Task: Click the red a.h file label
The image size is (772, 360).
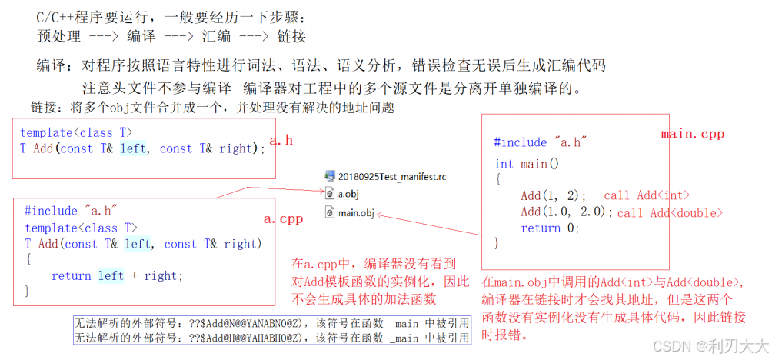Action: click(282, 142)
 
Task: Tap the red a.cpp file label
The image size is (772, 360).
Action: click(283, 218)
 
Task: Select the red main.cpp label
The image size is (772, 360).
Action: click(692, 134)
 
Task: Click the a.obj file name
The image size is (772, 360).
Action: click(348, 195)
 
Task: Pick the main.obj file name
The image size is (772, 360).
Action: click(356, 212)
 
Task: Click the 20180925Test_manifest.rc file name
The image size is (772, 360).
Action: click(392, 177)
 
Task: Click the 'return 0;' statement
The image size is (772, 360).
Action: click(549, 228)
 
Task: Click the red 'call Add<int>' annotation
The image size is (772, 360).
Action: click(647, 196)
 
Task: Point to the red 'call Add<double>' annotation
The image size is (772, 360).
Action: click(670, 212)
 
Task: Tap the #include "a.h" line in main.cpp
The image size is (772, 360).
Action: click(541, 142)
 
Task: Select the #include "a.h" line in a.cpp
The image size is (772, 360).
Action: click(70, 211)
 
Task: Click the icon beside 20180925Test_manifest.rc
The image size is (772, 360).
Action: click(330, 177)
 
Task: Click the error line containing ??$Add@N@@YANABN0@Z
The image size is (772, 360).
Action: click(271, 323)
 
